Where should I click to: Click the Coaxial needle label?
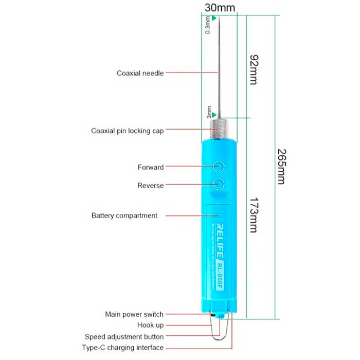click(140, 73)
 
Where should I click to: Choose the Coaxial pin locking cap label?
click(128, 131)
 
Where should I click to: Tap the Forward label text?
click(151, 167)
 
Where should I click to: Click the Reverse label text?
click(151, 186)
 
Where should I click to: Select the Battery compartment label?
click(124, 215)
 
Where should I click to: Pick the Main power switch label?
click(134, 314)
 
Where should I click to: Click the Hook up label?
click(150, 325)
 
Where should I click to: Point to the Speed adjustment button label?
click(124, 337)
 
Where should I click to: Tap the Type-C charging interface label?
click(123, 348)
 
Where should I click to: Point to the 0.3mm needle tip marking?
click(208, 25)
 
